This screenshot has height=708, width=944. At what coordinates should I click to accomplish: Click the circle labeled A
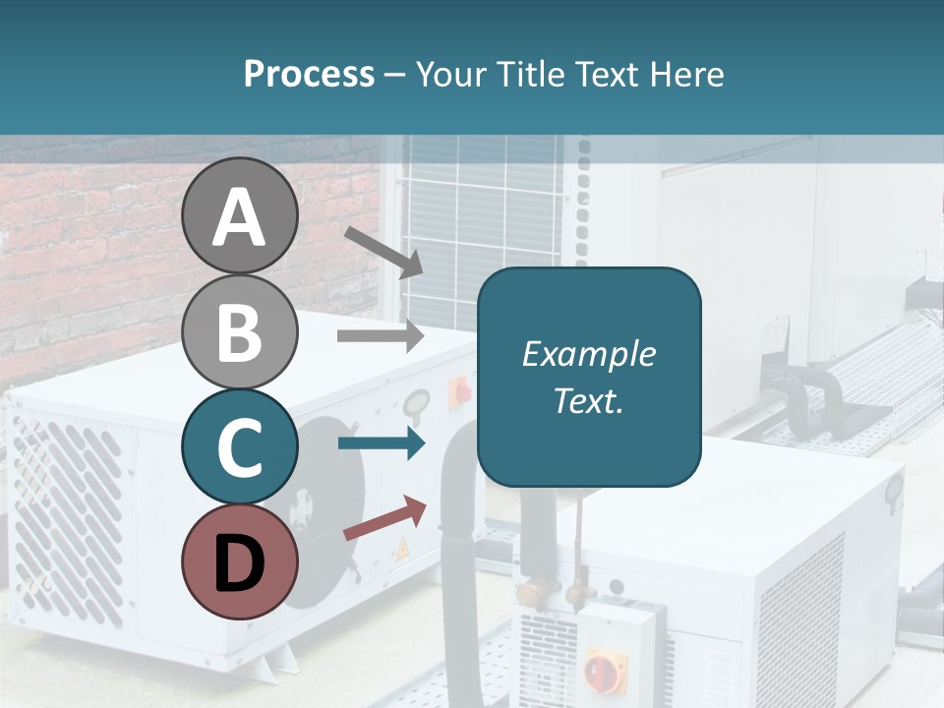pyautogui.click(x=239, y=215)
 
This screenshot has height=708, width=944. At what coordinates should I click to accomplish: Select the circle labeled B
pyautogui.click(x=239, y=331)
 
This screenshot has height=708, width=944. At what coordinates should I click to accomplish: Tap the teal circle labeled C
pyautogui.click(x=239, y=446)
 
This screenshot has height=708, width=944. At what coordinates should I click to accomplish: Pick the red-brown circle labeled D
pyautogui.click(x=239, y=561)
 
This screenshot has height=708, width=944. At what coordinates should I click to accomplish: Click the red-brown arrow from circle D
pyautogui.click(x=384, y=518)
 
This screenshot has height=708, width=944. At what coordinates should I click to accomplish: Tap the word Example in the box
pyautogui.click(x=588, y=354)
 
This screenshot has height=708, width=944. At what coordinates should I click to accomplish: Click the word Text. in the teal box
pyautogui.click(x=588, y=400)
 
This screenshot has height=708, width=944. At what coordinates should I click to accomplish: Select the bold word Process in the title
pyautogui.click(x=309, y=74)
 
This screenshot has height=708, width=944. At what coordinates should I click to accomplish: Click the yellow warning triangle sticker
pyautogui.click(x=401, y=550)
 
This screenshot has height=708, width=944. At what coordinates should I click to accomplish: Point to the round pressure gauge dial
pyautogui.click(x=416, y=402)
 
